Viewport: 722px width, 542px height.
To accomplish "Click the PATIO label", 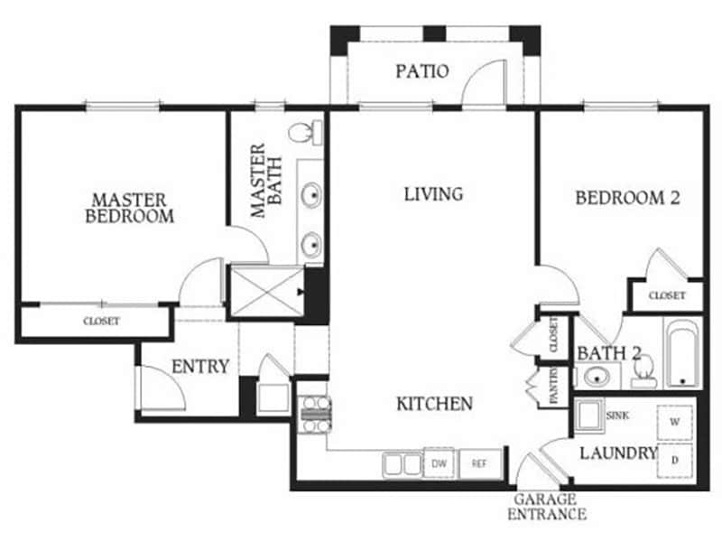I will coord(421,70).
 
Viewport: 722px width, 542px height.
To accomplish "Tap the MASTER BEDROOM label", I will coord(128,207).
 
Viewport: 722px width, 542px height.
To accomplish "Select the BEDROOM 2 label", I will coord(626,198).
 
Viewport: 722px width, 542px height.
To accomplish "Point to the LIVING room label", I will coord(433,193).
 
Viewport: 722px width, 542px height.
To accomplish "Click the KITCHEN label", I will coord(434,403).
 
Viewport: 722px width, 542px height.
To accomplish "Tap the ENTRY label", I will coord(199,366).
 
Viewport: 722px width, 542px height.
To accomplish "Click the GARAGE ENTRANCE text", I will coord(550,506).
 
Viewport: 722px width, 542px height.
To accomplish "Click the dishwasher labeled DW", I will coord(439,464).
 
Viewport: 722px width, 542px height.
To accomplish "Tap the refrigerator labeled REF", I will coord(477,464).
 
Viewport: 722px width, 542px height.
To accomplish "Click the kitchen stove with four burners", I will coord(313,412).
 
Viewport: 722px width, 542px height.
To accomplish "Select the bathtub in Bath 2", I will coord(681,352).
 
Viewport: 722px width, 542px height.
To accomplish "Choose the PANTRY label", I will coord(547,387).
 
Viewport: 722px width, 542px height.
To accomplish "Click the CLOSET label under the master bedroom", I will coord(101,321).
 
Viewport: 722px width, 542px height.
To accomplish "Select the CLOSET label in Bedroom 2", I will coord(666,295).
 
